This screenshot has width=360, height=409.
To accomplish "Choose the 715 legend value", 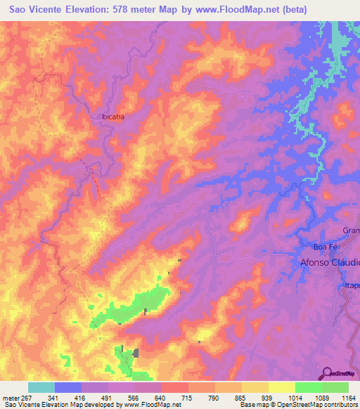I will point(188,396).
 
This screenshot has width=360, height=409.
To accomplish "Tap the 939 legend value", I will point(268,396).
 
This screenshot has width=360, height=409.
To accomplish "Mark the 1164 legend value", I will point(348,396).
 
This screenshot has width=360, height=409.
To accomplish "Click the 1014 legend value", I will point(295,396).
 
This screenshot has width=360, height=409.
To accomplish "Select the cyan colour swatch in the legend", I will point(41,387).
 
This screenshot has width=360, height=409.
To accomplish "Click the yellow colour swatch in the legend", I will point(282,387).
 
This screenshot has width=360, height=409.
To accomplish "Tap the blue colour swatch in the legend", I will point(68,387).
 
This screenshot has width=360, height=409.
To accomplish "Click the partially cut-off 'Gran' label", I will point(351,231).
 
